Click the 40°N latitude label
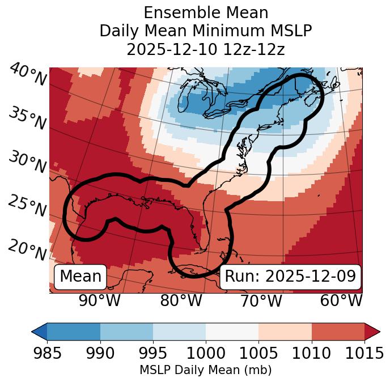point(28,75)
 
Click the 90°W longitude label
point(100,300)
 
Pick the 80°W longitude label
point(181,300)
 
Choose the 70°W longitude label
point(261,300)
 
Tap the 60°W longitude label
point(341,300)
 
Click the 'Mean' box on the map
point(80,277)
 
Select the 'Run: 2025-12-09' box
point(290,277)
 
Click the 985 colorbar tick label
point(47,353)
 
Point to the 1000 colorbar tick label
point(206,353)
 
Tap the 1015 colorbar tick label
point(364,353)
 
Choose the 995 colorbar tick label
point(153,353)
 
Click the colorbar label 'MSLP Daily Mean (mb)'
point(206,371)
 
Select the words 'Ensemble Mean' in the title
point(206,12)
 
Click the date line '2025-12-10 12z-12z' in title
point(206,50)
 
